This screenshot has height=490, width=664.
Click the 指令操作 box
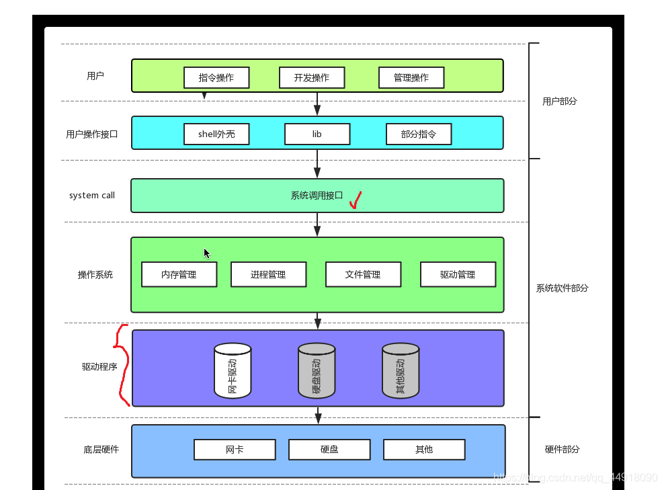click(x=216, y=77)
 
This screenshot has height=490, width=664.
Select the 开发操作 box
click(x=312, y=77)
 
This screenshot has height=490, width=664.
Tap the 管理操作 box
click(x=411, y=77)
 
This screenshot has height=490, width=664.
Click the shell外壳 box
click(x=216, y=134)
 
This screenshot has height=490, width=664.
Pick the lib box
click(x=317, y=134)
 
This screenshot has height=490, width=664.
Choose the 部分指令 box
click(x=419, y=134)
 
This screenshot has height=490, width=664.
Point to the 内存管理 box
click(x=179, y=274)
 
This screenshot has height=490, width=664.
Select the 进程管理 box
click(x=268, y=274)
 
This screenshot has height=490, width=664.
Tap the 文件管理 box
click(x=363, y=274)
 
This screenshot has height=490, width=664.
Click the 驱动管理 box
click(x=458, y=274)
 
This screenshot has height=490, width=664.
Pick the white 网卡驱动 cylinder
click(x=233, y=370)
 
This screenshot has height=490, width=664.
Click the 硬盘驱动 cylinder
click(x=317, y=370)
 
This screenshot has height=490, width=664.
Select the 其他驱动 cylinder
click(x=401, y=370)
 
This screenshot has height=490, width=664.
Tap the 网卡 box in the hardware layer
click(x=235, y=450)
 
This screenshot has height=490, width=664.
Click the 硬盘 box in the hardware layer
click(x=329, y=450)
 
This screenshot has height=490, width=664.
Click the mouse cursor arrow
click(x=206, y=253)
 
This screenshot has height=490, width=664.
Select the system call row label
click(x=92, y=195)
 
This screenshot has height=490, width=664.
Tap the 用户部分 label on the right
click(x=559, y=101)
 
